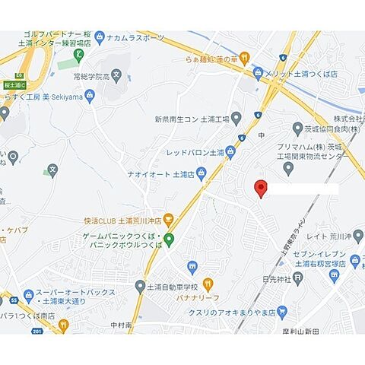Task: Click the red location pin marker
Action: click(x=261, y=189)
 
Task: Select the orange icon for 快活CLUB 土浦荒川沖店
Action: click(x=169, y=221)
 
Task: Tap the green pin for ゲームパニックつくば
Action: click(x=170, y=240)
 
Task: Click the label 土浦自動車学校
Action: click(x=172, y=286)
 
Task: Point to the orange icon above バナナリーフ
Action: click(x=192, y=266)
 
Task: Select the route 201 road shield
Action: click(x=38, y=329)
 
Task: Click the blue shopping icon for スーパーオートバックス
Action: click(x=29, y=294)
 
